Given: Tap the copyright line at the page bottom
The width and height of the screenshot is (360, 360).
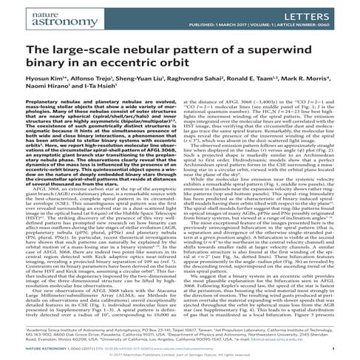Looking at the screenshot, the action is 180,354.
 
